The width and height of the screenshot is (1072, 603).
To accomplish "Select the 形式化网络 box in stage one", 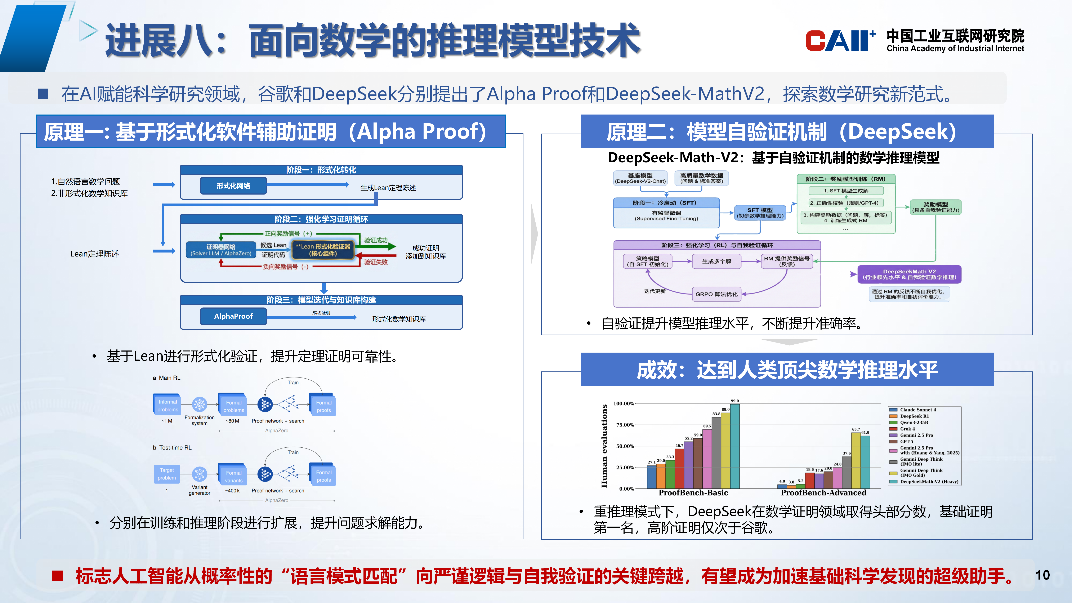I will click(x=233, y=186).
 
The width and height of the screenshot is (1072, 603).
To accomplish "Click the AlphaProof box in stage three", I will click(x=233, y=316).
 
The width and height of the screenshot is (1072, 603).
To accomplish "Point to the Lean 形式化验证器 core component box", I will click(x=323, y=250).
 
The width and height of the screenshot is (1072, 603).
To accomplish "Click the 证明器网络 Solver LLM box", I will click(x=220, y=250).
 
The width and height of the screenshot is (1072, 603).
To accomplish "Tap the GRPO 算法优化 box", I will click(x=716, y=294).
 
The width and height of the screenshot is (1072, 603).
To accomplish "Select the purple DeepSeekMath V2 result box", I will click(x=909, y=274).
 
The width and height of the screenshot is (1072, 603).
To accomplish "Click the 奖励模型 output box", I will click(x=935, y=207).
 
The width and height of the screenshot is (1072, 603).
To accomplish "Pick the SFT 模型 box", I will click(x=760, y=213).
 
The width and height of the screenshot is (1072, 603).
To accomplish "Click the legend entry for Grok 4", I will click(x=907, y=429).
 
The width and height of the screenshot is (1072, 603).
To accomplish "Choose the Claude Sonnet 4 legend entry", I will click(x=918, y=410).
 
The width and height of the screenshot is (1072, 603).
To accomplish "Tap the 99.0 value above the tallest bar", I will click(x=735, y=401).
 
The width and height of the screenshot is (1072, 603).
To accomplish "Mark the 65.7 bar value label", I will click(x=856, y=429).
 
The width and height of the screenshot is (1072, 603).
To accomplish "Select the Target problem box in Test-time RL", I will click(x=167, y=474).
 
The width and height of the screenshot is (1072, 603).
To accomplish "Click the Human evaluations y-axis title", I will click(x=604, y=445).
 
